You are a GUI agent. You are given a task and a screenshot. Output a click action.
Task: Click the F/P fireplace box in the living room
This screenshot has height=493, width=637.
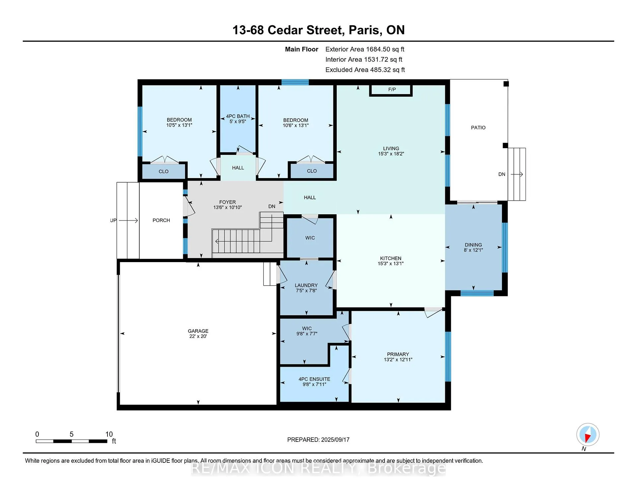391,90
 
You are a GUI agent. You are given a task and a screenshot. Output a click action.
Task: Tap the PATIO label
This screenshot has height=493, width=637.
478,128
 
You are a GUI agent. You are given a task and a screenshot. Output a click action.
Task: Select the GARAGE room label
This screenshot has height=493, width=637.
198,331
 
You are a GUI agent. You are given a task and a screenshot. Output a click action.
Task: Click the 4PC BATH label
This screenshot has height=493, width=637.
238,116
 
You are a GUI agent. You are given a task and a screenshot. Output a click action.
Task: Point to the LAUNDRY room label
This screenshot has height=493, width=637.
306,285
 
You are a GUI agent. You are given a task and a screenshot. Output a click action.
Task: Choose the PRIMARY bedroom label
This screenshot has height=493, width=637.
398,354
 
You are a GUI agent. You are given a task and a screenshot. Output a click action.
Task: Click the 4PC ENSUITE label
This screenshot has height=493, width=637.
314,379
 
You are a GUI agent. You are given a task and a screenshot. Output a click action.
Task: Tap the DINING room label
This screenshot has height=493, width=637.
473,245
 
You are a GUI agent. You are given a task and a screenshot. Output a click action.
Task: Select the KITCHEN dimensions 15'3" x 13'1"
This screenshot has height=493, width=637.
391,263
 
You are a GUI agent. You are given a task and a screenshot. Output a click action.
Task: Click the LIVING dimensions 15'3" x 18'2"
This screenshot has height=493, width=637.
391,154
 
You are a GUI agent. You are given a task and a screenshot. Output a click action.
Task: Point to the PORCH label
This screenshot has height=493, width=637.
161,220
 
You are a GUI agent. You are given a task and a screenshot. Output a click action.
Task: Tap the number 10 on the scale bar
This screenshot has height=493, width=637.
109,434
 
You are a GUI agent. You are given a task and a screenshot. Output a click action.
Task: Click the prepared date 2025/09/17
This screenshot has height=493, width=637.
335,440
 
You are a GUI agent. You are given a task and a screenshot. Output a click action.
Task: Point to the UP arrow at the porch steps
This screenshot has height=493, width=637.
128,220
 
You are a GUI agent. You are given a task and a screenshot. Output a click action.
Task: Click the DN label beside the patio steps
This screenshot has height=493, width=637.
502,174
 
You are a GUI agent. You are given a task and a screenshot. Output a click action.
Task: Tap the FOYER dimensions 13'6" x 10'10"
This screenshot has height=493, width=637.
228,207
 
